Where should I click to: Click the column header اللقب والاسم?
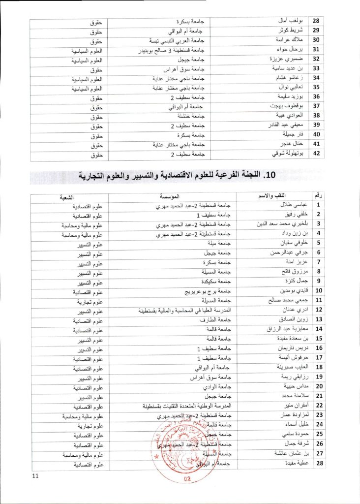268,196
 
